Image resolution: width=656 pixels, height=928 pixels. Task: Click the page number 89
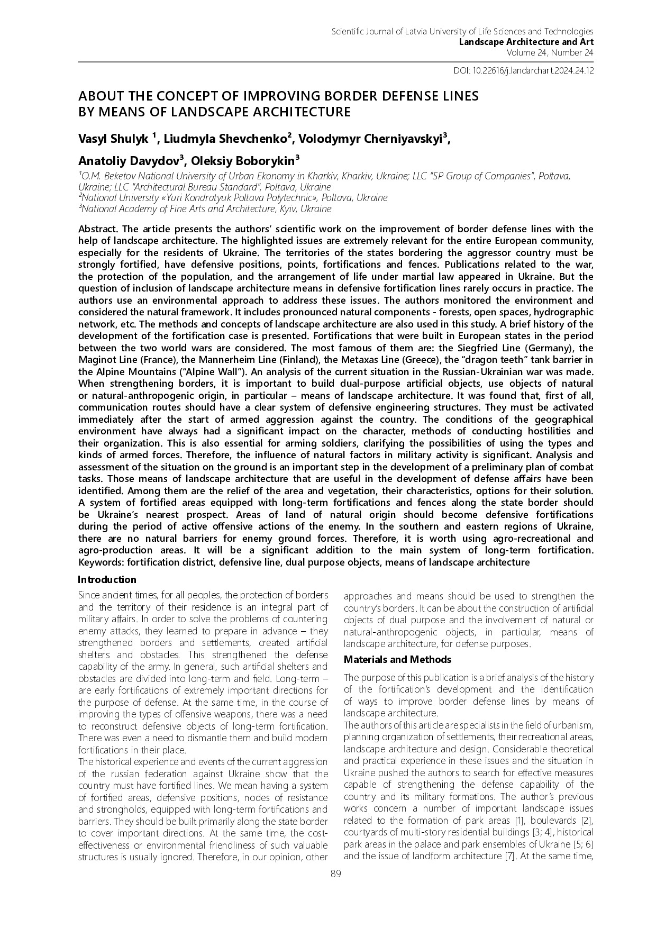tap(335, 873)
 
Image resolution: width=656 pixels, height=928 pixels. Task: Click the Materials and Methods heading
tap(397, 659)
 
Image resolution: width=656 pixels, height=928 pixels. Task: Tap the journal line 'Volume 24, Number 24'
tap(550, 52)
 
